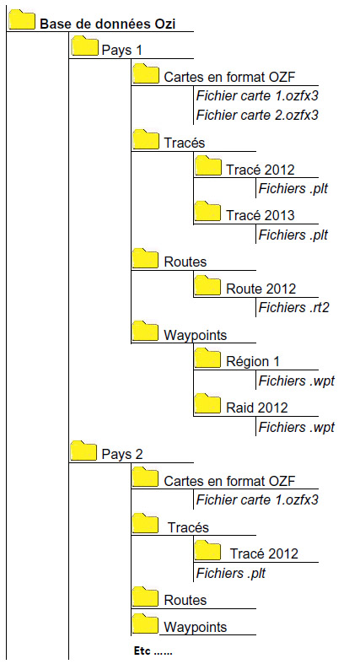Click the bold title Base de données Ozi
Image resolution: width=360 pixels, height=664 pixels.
pyautogui.click(x=107, y=24)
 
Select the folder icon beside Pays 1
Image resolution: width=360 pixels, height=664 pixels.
pyautogui.click(x=84, y=46)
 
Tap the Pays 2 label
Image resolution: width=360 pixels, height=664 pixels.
pyautogui.click(x=122, y=455)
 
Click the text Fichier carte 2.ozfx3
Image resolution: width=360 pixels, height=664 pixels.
pyautogui.click(x=257, y=115)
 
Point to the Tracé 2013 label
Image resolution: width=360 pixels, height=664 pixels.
pyautogui.click(x=261, y=215)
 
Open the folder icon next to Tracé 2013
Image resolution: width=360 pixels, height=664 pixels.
pyautogui.click(x=207, y=211)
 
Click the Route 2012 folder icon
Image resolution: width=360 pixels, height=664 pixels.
pyautogui.click(x=207, y=284)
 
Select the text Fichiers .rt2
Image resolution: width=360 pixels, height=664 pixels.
pyautogui.click(x=293, y=307)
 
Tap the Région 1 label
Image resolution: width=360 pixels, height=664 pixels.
pyautogui.click(x=253, y=362)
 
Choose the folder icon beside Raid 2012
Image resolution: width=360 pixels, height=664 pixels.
pyautogui.click(x=207, y=403)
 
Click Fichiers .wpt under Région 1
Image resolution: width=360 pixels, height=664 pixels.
pyautogui.click(x=297, y=381)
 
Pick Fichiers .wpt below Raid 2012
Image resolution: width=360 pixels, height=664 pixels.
pyautogui.click(x=297, y=427)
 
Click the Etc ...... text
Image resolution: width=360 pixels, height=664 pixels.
pyautogui.click(x=153, y=651)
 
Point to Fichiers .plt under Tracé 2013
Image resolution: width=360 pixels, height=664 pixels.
pyautogui.click(x=293, y=235)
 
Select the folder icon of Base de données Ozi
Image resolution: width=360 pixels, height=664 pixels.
pyautogui.click(x=22, y=19)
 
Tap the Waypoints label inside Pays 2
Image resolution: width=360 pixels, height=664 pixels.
pyautogui.click(x=195, y=627)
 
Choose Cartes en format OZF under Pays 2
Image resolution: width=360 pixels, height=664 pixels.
pyautogui.click(x=229, y=481)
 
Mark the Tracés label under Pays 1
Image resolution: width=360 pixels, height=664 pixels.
pyautogui.click(x=185, y=143)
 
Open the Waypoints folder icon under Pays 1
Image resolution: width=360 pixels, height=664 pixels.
pyautogui.click(x=146, y=331)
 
